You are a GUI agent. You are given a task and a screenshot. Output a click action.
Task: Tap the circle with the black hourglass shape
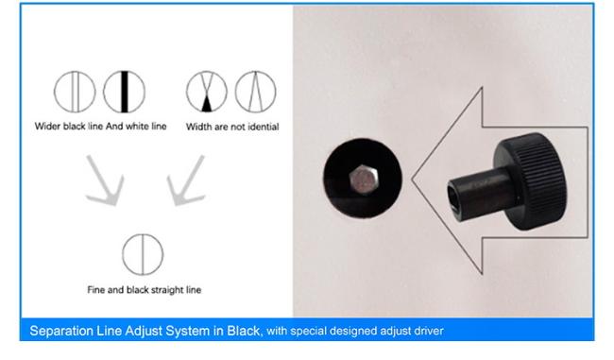tap(206, 93)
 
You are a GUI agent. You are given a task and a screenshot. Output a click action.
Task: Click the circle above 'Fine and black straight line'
tap(142, 252)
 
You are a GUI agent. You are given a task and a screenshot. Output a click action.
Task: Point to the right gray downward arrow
tap(184, 180)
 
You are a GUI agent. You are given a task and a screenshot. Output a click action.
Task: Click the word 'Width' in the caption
tap(199, 127)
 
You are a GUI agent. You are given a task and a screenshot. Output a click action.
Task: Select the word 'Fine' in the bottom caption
tap(94, 290)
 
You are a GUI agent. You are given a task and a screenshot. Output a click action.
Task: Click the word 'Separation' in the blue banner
tap(59, 331)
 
